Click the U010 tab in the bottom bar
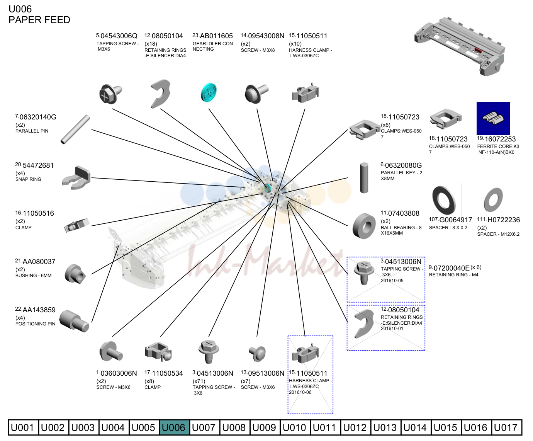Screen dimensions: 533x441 tap(295, 427)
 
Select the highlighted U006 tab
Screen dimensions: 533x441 tap(174, 427)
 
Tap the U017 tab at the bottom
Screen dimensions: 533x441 tap(506, 427)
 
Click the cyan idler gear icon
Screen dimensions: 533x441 tap(209, 92)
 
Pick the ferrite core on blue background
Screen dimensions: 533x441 tap(493, 118)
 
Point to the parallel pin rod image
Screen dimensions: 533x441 tap(75, 129)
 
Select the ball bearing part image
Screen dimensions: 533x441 tap(364, 226)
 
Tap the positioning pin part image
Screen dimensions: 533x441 tap(74, 321)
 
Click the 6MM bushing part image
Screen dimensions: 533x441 tap(75, 274)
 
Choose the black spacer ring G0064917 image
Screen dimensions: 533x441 tap(444, 200)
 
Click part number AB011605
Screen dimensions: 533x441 tap(216, 36)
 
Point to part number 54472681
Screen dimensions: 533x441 tap(38, 165)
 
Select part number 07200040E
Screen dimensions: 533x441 tap(452, 268)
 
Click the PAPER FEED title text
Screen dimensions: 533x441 tap(39, 20)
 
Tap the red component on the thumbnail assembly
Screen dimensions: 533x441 tap(478, 50)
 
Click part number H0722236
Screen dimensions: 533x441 tap(503, 220)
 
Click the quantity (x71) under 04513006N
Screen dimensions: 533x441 tap(199, 381)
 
